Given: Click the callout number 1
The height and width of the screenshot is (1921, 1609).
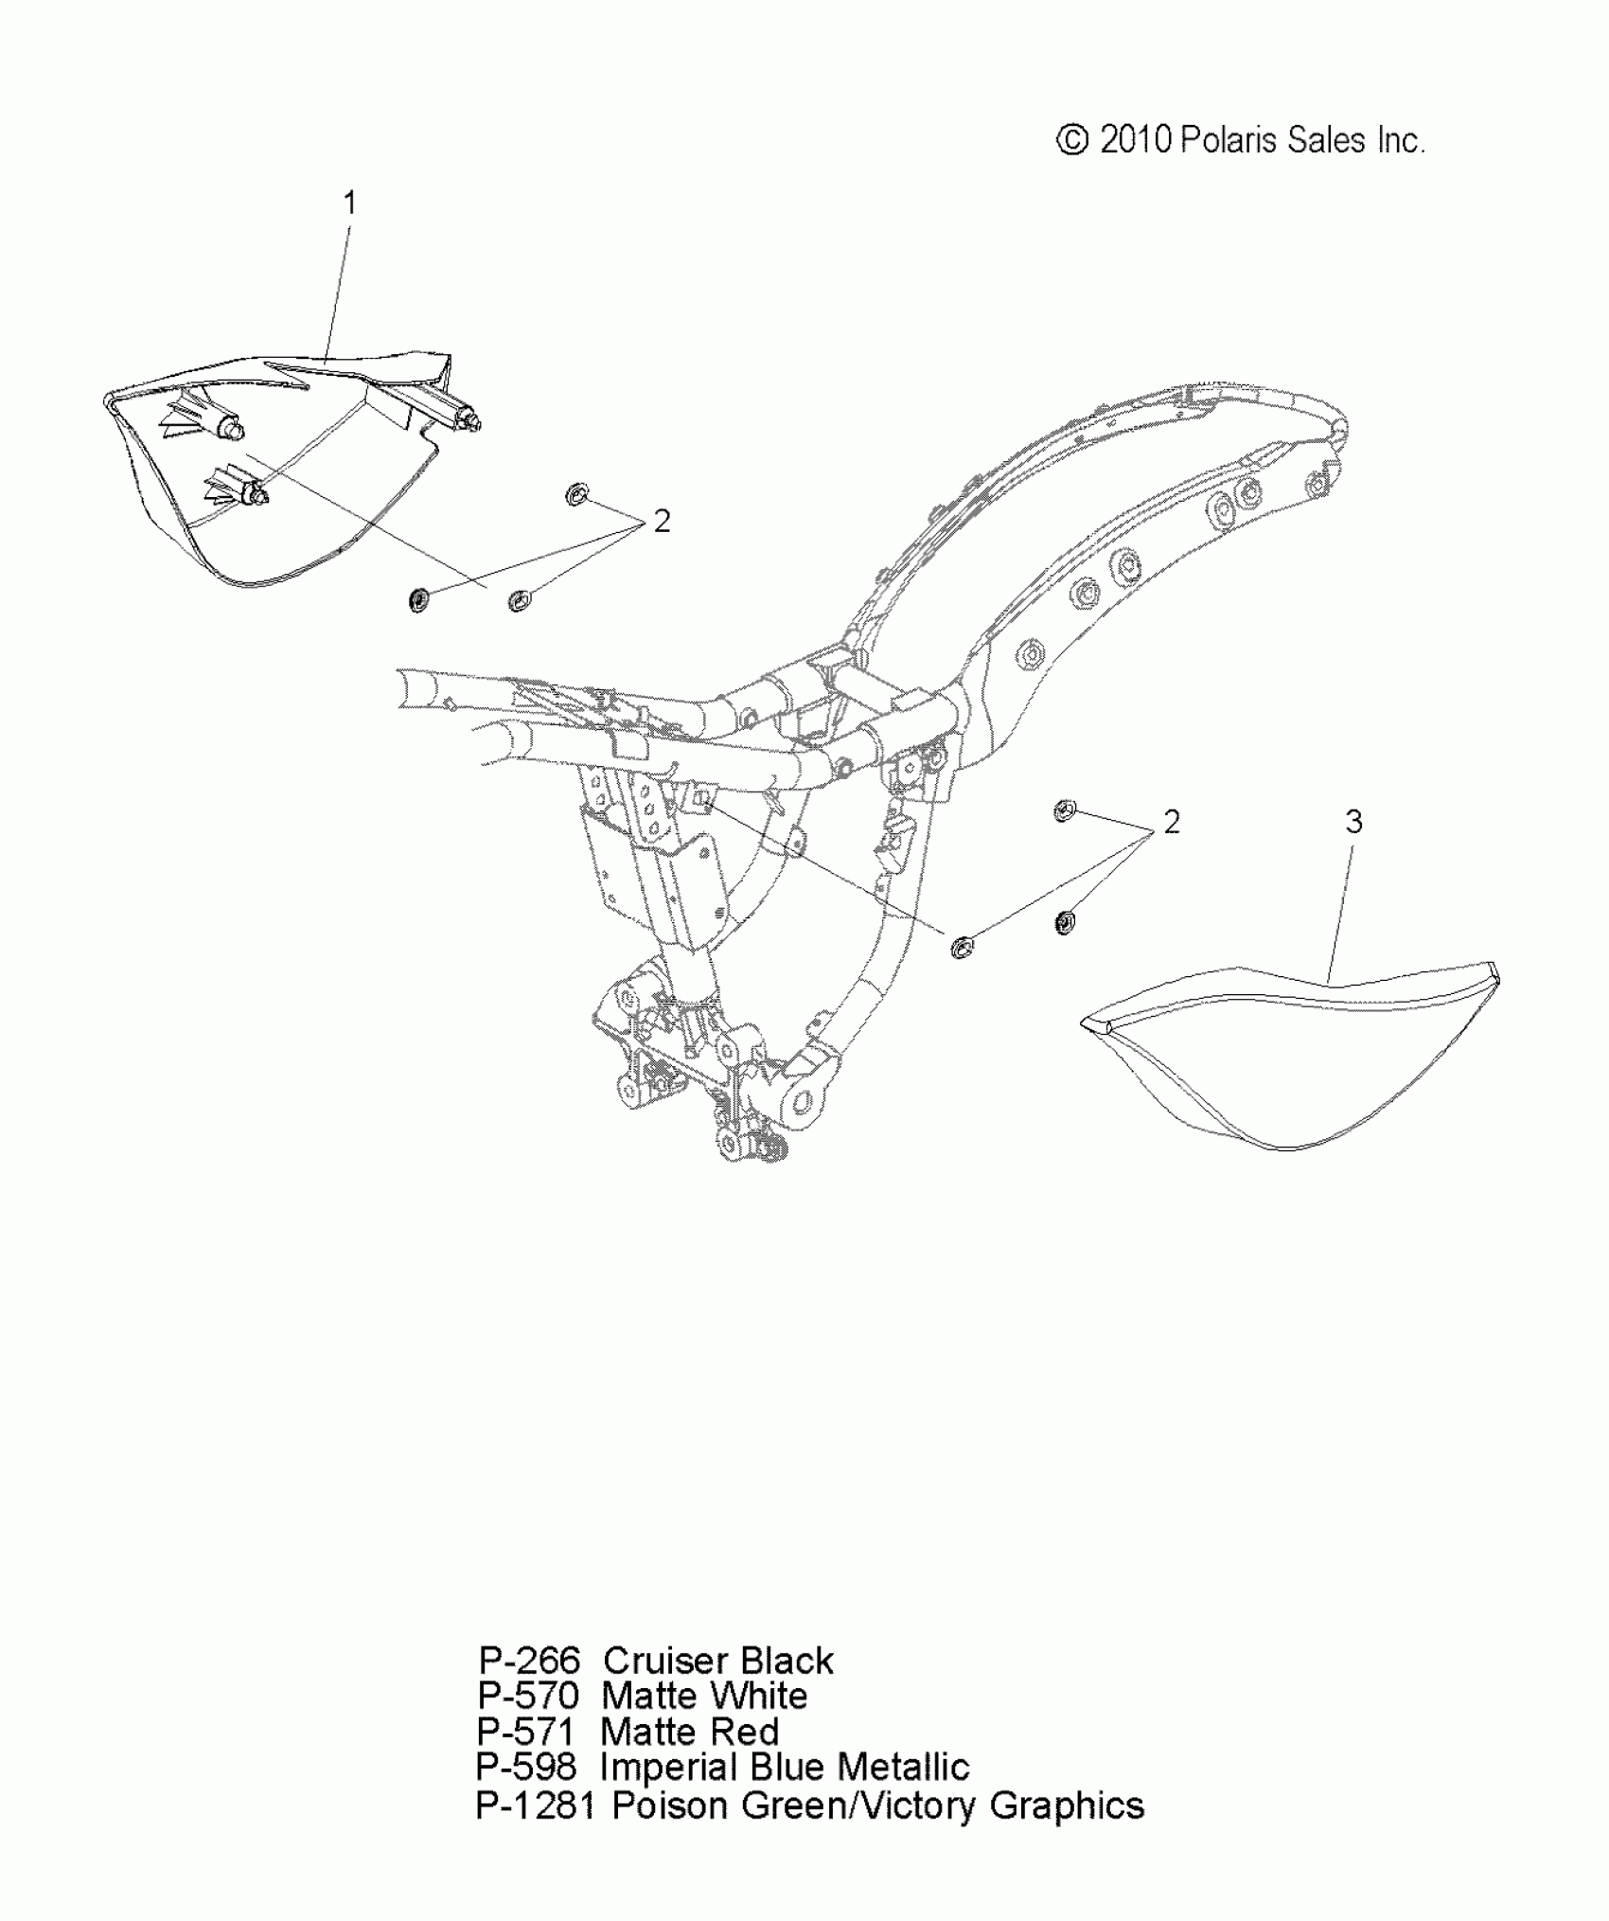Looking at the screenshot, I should point(350,203).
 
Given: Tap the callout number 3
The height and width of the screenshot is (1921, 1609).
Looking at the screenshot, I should point(1353,822).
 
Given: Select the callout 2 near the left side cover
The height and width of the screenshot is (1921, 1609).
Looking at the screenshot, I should point(662,521).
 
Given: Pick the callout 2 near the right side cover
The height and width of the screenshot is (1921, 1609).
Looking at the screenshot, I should point(1172,822).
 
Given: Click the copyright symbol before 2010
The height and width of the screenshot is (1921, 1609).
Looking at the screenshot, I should point(1071,140).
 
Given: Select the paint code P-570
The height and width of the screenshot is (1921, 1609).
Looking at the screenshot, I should point(528,1696).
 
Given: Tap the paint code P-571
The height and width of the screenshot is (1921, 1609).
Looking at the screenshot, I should point(526,1732).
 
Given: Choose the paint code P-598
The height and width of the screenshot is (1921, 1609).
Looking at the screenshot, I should point(526,1767).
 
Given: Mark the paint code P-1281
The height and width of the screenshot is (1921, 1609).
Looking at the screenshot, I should point(536,1805).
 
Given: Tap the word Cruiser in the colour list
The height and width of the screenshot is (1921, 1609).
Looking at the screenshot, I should point(665,1661).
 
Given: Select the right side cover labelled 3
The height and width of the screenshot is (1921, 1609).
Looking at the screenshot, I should point(1287,1060).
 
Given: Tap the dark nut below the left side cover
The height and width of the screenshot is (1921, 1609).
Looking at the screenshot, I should point(417,599).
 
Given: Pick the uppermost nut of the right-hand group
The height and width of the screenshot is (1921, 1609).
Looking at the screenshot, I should point(1065,810).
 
